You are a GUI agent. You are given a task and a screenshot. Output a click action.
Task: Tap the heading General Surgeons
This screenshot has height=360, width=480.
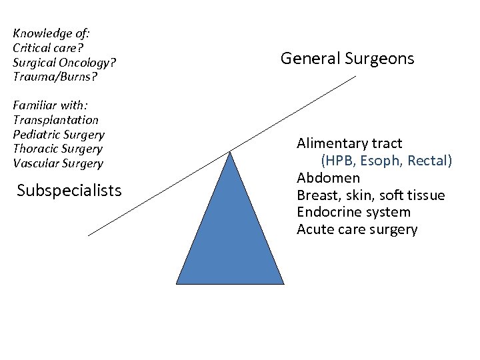point(347,59)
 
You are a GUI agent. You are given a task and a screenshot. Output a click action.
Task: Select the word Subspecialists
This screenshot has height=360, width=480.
point(69,191)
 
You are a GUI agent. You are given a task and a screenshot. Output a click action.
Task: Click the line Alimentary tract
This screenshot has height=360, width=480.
point(349,143)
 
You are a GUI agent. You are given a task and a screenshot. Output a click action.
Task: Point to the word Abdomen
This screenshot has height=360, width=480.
point(328,178)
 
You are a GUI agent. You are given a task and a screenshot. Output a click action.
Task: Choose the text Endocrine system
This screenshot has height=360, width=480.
point(353,213)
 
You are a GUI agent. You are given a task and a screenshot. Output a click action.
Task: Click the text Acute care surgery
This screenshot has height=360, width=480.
point(357,230)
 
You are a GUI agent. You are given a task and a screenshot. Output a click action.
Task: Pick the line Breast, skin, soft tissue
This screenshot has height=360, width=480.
point(371,195)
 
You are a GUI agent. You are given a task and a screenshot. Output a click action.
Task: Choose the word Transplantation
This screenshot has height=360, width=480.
point(55,120)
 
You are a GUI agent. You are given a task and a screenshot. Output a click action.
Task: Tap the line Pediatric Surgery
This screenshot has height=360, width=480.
point(59,135)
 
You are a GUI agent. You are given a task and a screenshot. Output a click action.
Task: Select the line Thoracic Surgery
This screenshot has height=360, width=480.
point(57,149)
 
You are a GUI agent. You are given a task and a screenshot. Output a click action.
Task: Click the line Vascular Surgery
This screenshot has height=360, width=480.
point(58,163)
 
